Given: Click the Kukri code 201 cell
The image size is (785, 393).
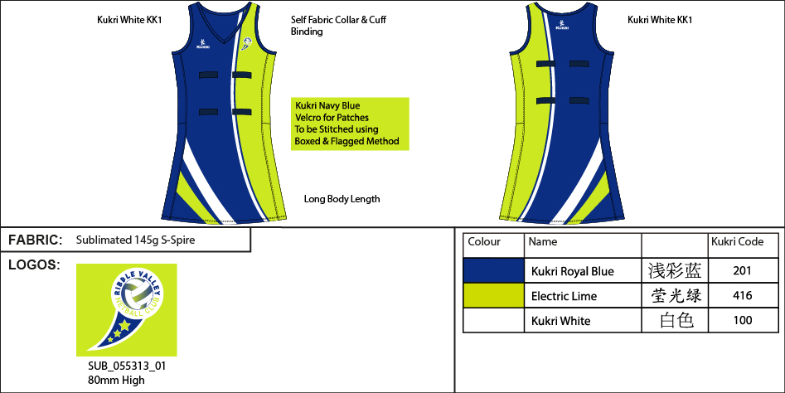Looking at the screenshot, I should coord(742,271).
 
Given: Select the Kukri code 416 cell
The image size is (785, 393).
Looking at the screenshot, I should coord(742,296).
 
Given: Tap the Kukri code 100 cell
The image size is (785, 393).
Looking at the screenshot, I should coord(742,321).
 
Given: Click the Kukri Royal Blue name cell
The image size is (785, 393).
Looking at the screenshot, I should coord(572,271).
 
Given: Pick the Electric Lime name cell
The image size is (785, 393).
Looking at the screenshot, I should coord(564,296).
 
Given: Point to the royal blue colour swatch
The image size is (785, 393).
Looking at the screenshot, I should coord(493,271).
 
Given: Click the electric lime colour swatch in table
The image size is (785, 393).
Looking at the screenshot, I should coord(493,296).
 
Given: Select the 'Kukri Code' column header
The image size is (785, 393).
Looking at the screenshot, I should coord(738,242).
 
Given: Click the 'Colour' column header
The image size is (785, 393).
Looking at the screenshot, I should coord(484,242).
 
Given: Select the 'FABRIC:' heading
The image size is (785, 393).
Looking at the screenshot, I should coord(35,240).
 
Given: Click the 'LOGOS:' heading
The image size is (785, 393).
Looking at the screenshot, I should coord(33,265).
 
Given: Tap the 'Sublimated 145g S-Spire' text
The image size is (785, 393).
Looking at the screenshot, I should coord(135,240).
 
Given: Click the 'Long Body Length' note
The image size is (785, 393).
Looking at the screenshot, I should coord(342,199).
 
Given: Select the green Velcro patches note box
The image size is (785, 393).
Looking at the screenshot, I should coord(351,124).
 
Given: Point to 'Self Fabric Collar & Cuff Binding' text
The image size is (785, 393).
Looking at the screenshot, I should coord(338,25).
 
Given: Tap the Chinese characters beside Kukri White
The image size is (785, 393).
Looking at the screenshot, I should coord(676,321).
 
